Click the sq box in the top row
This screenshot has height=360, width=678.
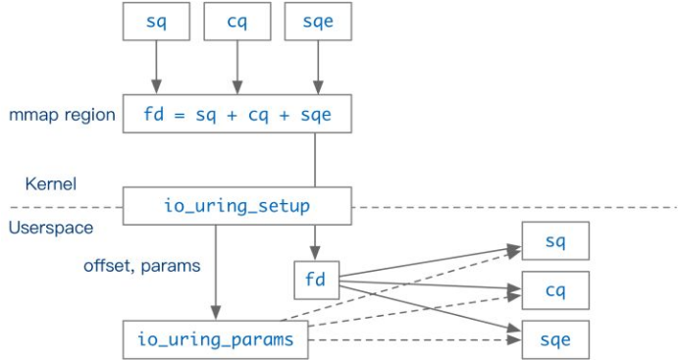click(155, 22)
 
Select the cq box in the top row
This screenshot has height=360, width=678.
click(235, 22)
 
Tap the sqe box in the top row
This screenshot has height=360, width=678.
click(317, 22)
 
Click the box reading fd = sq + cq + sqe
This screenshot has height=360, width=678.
click(236, 114)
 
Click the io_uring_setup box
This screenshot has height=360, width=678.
click(236, 206)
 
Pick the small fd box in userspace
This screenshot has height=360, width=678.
click(315, 280)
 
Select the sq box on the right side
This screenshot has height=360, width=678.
click(554, 241)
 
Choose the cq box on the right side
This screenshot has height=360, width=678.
click(554, 290)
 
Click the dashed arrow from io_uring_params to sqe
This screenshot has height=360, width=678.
click(412, 339)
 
